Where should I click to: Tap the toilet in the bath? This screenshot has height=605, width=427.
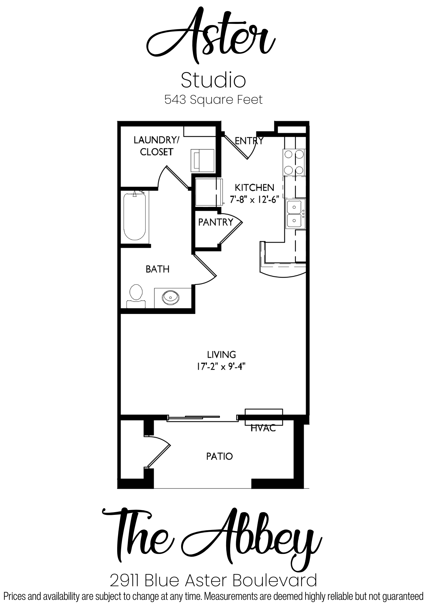(x=136, y=296)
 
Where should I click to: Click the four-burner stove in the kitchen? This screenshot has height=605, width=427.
(x=294, y=162)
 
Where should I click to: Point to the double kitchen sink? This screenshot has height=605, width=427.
(x=296, y=214)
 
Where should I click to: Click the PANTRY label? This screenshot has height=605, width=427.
(x=216, y=222)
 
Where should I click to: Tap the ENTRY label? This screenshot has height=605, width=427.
(x=249, y=141)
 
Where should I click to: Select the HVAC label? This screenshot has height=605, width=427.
(x=263, y=428)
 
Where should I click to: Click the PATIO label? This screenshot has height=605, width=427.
(x=220, y=456)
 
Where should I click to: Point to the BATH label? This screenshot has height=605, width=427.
(x=157, y=269)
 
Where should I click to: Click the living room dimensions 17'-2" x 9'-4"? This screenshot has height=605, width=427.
(x=221, y=367)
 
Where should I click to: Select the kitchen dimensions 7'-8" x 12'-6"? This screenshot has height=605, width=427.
(x=254, y=200)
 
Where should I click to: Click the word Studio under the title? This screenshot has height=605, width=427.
(x=213, y=80)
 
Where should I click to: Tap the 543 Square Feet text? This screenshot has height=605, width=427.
(x=213, y=100)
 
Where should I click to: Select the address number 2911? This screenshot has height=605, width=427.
(x=125, y=580)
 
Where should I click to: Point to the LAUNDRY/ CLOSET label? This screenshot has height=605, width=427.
(x=157, y=146)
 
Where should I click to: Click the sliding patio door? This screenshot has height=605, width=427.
(x=202, y=418)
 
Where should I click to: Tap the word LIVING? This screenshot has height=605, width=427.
(x=221, y=355)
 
